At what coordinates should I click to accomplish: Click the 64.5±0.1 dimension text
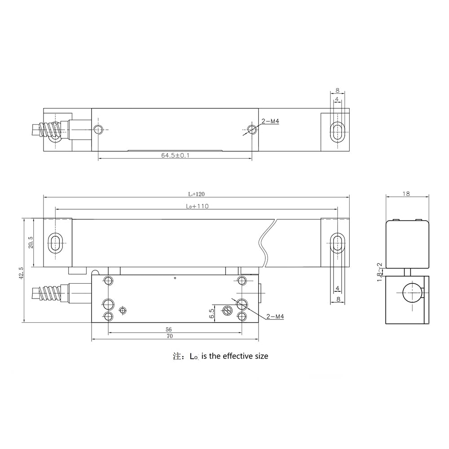pyautogui.click(x=175, y=155)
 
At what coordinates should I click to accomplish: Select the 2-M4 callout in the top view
pyautogui.click(x=270, y=121)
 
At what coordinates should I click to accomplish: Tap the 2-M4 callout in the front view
pyautogui.click(x=275, y=317)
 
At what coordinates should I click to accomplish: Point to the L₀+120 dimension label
pyautogui.click(x=197, y=194)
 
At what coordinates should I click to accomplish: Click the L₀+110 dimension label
pyautogui.click(x=197, y=206)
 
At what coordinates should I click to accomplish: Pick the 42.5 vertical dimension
pyautogui.click(x=21, y=273)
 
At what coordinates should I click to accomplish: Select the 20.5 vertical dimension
pyautogui.click(x=31, y=242)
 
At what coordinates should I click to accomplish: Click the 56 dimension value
pyautogui.click(x=169, y=330)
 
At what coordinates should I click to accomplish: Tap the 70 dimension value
pyautogui.click(x=170, y=336)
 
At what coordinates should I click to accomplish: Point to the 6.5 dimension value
pyautogui.click(x=211, y=313)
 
